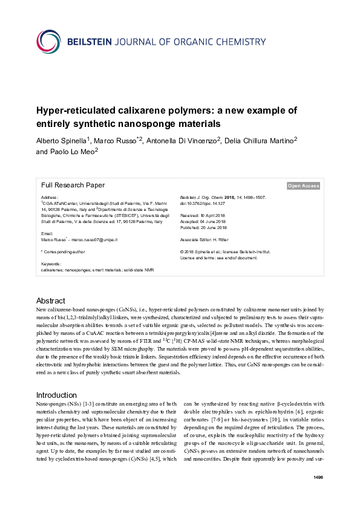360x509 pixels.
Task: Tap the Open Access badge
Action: coord(304,186)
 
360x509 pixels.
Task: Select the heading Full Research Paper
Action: coord(73,186)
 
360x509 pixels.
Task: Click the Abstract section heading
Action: coord(51,300)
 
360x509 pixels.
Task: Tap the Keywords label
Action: coord(51,264)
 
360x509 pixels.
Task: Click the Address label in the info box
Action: coord(49,198)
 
